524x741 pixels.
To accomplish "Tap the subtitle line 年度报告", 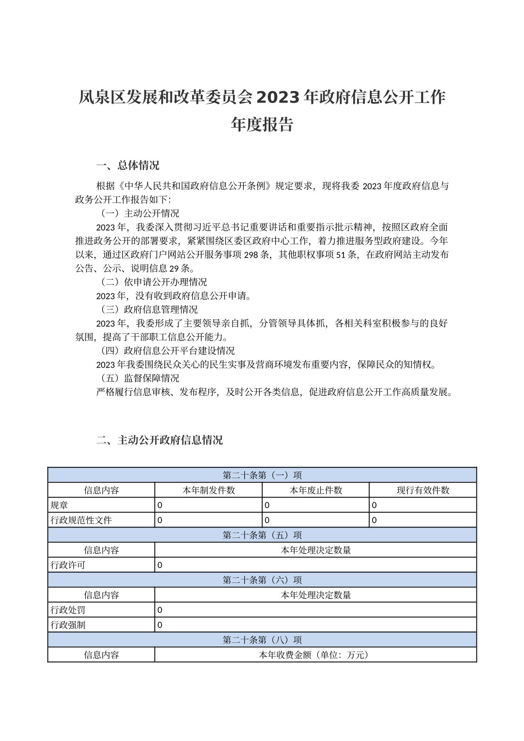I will point(262,125).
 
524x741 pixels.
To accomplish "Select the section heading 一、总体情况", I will point(128,166).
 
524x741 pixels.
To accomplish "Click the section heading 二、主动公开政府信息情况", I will point(159,440).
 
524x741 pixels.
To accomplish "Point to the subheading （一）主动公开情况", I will point(140,214).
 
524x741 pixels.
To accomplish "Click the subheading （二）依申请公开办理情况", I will point(154,282).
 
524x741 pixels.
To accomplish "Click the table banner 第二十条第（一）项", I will point(262,476).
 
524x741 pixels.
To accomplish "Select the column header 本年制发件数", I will point(208,490).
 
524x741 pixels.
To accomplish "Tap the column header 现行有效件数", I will point(423,490).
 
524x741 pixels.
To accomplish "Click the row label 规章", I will point(59,505).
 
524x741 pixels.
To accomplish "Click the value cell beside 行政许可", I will point(315,565).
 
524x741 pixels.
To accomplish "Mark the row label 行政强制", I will point(68,625).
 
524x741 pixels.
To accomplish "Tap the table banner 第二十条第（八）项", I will point(262,640).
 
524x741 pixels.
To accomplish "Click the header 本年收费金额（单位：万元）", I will point(315,655).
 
